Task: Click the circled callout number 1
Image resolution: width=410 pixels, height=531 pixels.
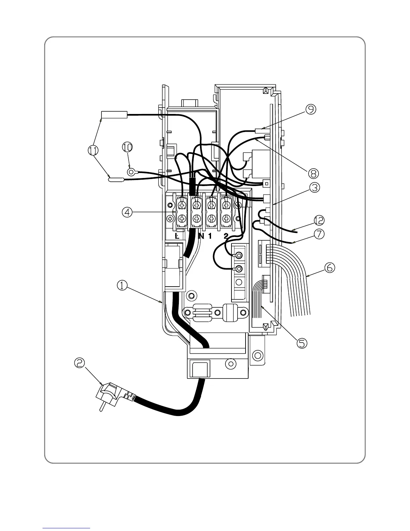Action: click(x=122, y=285)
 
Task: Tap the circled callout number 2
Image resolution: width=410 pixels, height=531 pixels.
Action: click(x=80, y=363)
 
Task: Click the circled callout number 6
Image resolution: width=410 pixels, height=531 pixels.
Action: click(x=329, y=267)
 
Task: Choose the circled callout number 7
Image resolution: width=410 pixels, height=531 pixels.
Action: click(x=319, y=233)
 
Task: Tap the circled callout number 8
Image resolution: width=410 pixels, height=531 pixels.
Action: click(x=313, y=173)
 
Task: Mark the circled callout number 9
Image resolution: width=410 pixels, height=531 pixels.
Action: click(x=310, y=110)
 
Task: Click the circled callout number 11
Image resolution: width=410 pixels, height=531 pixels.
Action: click(x=94, y=151)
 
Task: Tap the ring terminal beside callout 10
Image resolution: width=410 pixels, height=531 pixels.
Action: click(x=131, y=172)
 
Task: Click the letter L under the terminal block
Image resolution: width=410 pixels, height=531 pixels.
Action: click(x=177, y=236)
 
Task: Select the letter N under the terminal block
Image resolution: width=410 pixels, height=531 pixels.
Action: click(x=201, y=236)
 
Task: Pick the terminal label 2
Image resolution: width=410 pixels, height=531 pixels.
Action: click(x=226, y=236)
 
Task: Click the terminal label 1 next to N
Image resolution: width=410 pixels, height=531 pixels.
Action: click(x=210, y=236)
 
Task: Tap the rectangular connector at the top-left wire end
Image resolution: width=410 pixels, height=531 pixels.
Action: click(x=114, y=115)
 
